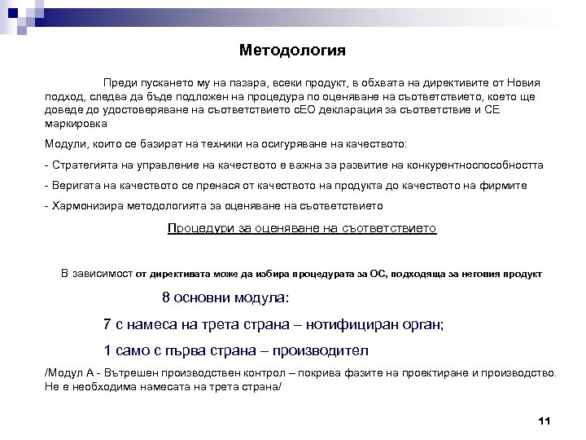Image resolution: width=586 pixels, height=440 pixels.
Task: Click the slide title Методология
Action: (x=292, y=51)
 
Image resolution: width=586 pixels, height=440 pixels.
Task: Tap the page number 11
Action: (x=545, y=420)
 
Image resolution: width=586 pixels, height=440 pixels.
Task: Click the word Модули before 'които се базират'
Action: (x=65, y=144)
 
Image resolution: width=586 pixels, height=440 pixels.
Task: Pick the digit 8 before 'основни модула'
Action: (x=167, y=297)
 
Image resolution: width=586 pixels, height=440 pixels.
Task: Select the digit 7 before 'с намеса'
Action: (x=108, y=323)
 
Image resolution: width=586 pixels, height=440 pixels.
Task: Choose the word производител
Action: (x=321, y=350)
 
